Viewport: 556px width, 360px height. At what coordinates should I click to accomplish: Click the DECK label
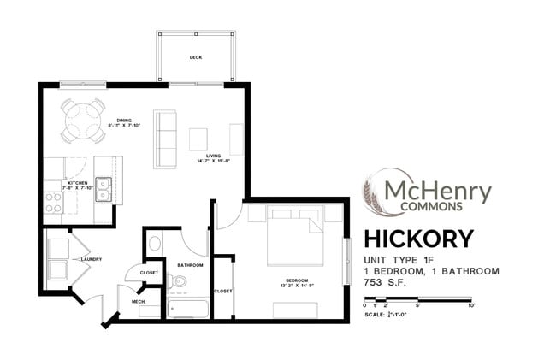195,57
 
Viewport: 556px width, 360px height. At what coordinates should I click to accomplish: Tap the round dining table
83,121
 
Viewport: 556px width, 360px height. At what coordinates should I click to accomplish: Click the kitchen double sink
104,188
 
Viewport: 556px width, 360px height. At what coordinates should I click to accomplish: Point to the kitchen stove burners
53,202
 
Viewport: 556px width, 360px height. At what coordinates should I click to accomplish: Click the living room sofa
164,139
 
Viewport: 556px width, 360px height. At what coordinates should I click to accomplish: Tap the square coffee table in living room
198,139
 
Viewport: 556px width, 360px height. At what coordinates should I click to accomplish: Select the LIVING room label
213,156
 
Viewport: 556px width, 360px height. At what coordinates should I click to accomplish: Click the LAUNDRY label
92,258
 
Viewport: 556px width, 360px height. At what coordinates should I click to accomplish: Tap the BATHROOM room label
188,266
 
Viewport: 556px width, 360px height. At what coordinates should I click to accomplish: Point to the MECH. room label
137,302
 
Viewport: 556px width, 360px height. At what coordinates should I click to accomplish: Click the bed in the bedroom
295,235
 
